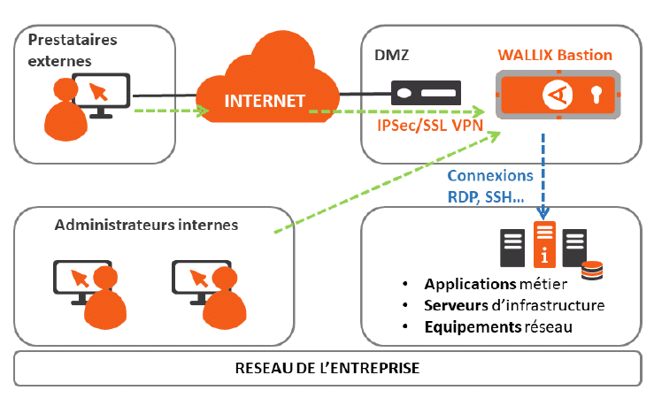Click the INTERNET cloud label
[x=265, y=99]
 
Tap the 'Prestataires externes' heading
[x=73, y=50]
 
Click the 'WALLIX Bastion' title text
[x=553, y=55]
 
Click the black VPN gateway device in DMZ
[x=426, y=92]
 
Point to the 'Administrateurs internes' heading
[x=146, y=225]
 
